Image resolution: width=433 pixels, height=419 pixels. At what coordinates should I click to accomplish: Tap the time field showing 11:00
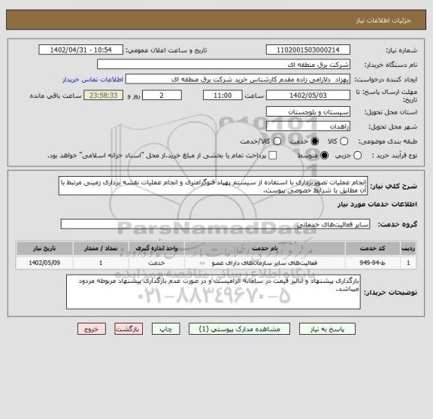pyautogui.click(x=223, y=95)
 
